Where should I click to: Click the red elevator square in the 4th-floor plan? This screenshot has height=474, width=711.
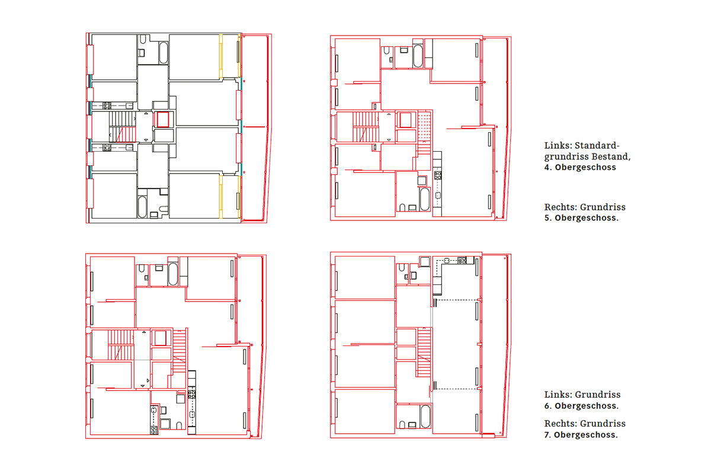point(163,119)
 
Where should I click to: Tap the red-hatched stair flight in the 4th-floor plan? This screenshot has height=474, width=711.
point(126,134)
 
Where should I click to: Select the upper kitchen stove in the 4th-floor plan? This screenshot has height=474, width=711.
point(107,105)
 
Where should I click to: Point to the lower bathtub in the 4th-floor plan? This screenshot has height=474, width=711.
point(142,207)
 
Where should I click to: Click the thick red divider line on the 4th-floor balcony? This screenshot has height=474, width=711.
point(255,127)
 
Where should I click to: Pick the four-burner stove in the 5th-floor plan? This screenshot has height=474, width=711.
point(438,175)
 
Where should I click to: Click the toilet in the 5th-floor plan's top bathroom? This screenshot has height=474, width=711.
point(386,51)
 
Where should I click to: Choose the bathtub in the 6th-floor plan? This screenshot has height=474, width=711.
point(172,274)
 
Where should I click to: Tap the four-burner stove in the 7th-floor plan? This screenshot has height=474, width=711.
point(462,261)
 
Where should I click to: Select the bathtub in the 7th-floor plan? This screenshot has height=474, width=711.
point(425,417)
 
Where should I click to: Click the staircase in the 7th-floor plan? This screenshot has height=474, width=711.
point(424,353)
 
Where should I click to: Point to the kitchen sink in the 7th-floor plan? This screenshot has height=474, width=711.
point(447,261)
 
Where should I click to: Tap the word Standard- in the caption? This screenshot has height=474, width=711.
point(597,145)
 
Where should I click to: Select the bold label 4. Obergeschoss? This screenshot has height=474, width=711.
point(580,167)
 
